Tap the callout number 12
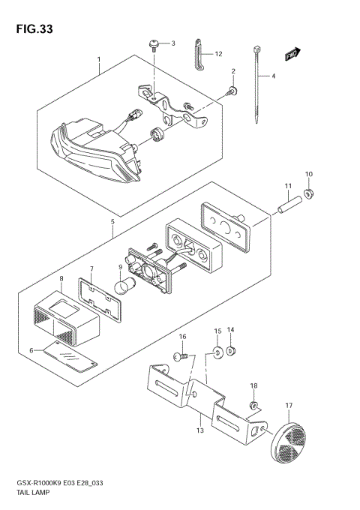218,54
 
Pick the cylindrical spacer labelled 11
289,202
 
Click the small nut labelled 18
254,406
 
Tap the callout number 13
199,431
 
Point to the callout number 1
97,58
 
